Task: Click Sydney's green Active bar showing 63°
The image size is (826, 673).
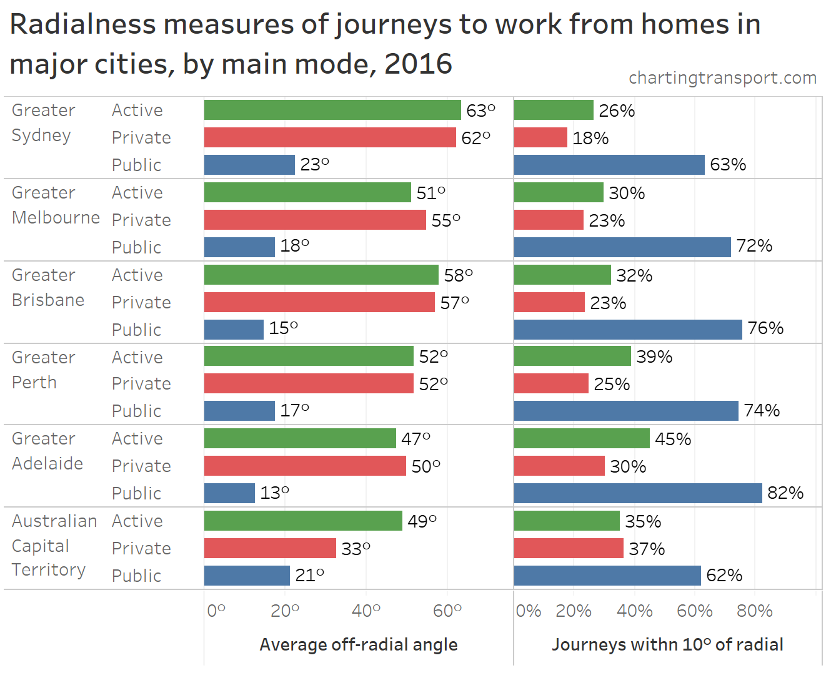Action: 332,110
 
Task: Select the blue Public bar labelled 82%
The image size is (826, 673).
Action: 637,493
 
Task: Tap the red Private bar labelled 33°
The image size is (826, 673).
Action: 270,548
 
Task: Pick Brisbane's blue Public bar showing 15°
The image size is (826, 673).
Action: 234,330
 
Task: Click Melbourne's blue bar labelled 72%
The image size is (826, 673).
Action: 622,247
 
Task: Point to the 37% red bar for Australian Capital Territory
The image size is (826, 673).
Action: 569,548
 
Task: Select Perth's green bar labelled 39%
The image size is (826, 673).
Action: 572,356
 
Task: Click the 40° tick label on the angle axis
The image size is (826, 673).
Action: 366,611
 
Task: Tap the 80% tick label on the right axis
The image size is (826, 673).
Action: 754,611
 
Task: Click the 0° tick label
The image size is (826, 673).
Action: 216,611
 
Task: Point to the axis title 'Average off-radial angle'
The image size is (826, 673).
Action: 358,644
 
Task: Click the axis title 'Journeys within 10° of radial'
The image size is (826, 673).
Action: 667,644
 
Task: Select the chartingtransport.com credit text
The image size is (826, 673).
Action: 722,77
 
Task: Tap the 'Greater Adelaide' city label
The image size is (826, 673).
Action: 47,451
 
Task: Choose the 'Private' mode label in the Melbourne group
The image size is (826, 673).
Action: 141,220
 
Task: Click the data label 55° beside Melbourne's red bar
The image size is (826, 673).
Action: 445,220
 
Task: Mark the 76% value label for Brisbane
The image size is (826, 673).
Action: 765,328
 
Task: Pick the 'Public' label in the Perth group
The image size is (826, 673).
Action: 136,411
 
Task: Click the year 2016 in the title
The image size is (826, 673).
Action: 418,64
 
